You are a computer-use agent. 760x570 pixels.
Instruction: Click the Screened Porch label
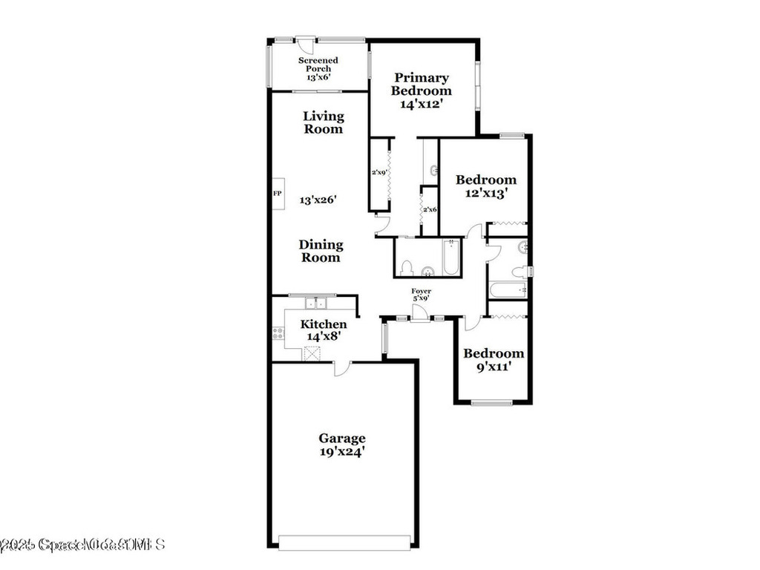click(x=318, y=68)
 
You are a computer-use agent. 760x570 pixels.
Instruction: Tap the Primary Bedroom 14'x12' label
click(x=422, y=91)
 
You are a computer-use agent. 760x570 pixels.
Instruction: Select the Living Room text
click(x=324, y=122)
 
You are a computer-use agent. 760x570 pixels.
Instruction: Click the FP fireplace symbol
click(x=278, y=194)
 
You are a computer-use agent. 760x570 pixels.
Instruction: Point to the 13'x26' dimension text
click(x=318, y=200)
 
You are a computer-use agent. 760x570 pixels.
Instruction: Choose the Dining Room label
click(x=321, y=251)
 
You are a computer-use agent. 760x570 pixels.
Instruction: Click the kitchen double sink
click(x=317, y=303)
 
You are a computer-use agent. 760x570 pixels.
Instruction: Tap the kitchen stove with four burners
click(x=279, y=334)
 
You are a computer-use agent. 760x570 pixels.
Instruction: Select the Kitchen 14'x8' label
click(x=323, y=330)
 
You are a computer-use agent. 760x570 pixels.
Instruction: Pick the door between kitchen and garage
click(x=341, y=367)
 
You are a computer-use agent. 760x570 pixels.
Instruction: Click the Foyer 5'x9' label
click(x=422, y=295)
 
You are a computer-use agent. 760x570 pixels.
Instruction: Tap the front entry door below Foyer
click(x=420, y=315)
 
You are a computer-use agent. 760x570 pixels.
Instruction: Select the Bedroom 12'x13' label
click(x=486, y=186)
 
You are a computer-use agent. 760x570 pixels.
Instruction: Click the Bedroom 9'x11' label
click(x=494, y=359)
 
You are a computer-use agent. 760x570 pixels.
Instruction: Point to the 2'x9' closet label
click(x=379, y=174)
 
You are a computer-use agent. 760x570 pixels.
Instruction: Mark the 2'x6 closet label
click(x=429, y=210)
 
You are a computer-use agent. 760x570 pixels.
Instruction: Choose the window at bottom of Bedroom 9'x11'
click(x=492, y=403)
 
